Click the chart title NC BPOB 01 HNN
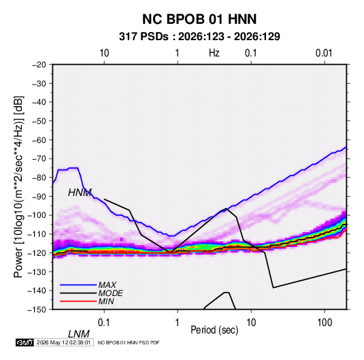tap(199, 19)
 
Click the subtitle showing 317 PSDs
tap(199, 37)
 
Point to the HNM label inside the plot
tap(80, 193)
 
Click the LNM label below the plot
tap(79, 334)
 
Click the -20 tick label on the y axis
tap(39, 65)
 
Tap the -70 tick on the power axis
tap(39, 159)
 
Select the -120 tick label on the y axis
tap(37, 253)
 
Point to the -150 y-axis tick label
tap(37, 310)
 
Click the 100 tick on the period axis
tap(325, 323)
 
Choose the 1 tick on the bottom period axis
tap(178, 323)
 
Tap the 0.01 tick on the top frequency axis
tap(324, 53)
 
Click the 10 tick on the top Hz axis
tap(104, 53)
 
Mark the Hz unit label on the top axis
tap(214, 53)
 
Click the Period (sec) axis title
tap(214, 330)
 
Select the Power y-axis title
tap(18, 187)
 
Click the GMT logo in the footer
tap(25, 342)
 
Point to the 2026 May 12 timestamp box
tap(63, 342)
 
